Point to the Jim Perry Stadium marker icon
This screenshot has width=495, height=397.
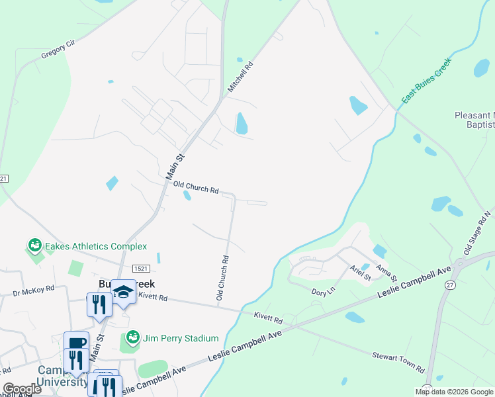(x=132, y=337)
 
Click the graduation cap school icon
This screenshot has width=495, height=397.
(x=122, y=290)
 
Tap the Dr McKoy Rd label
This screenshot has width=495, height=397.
(x=32, y=290)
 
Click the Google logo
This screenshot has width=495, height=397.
(x=22, y=389)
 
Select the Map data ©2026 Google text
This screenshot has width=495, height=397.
(x=453, y=392)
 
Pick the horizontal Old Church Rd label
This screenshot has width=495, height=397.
(x=196, y=189)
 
